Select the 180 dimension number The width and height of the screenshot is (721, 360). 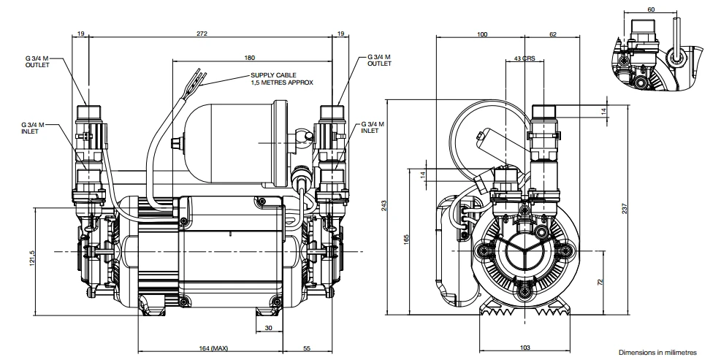point(250,58)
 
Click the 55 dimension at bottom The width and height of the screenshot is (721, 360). point(307,348)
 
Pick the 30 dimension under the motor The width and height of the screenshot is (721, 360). point(269,328)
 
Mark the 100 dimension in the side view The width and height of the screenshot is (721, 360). point(482,34)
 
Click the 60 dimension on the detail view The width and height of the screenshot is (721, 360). point(651,9)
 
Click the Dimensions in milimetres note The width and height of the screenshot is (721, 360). point(657,351)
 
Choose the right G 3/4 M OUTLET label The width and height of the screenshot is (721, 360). point(379,60)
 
